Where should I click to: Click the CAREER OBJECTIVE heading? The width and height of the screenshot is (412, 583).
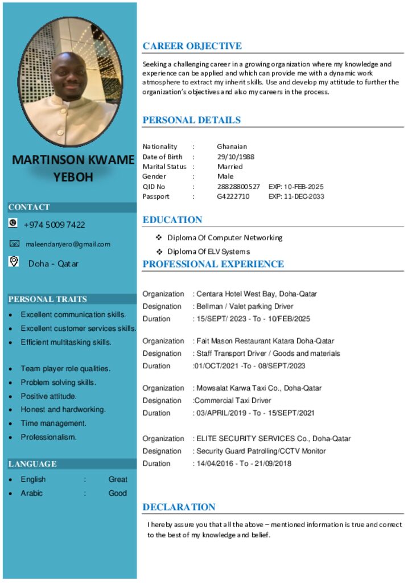(192, 46)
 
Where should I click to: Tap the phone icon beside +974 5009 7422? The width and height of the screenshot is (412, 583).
(13, 223)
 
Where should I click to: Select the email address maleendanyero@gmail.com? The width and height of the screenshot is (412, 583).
(68, 244)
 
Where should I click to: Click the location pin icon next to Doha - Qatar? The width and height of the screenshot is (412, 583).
(14, 261)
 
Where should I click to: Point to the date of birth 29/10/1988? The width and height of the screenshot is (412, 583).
(236, 157)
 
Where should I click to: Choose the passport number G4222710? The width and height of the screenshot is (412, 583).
(233, 196)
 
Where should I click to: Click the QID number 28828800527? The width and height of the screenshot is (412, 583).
(238, 187)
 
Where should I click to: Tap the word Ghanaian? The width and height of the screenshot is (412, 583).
(232, 146)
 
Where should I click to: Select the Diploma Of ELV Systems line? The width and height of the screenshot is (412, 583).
(208, 252)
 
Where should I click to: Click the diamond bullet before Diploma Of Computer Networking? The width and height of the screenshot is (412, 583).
(159, 237)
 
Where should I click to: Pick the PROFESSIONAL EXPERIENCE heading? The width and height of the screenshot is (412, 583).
(213, 264)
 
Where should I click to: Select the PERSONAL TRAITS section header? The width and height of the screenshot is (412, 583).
(48, 299)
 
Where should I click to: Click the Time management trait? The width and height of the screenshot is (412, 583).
(53, 424)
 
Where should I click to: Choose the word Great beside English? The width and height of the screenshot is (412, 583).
(118, 479)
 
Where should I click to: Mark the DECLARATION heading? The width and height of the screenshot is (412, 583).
(179, 507)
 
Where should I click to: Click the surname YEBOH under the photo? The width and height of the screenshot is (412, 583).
(73, 177)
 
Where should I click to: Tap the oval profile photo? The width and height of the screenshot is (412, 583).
(71, 83)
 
